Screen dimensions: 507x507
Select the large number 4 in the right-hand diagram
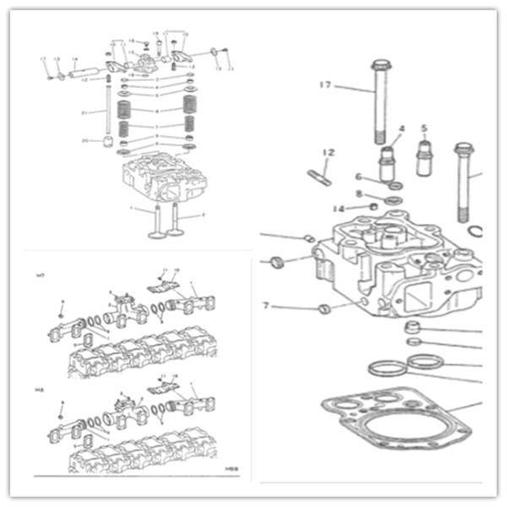[401, 129]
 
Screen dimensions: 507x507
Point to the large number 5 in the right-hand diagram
[424, 129]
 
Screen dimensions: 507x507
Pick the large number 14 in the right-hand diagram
[338, 208]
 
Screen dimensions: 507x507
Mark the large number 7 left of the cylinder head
[266, 305]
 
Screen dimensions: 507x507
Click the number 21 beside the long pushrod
[84, 112]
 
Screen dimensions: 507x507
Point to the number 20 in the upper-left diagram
[84, 140]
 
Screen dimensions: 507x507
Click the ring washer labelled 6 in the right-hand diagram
[395, 185]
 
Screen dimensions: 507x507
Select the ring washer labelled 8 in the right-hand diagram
[393, 200]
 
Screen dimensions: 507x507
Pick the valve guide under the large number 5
[425, 158]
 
